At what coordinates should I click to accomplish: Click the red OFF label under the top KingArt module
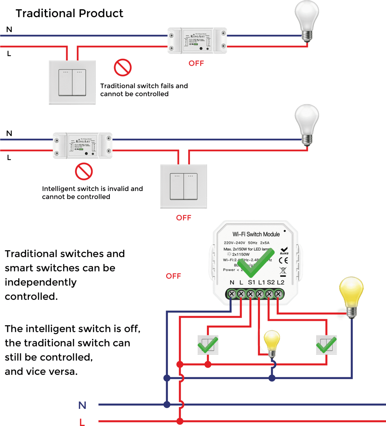tap(196, 63)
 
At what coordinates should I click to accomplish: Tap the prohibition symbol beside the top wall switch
tap(123, 67)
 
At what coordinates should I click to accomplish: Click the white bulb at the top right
tap(307, 20)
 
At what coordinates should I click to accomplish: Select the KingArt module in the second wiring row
tap(83, 146)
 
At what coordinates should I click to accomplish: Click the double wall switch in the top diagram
tap(72, 83)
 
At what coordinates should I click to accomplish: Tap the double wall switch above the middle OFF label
tap(184, 186)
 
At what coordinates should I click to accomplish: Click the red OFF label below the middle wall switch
tap(184, 218)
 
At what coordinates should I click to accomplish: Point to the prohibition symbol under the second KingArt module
tap(84, 171)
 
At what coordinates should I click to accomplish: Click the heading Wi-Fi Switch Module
tap(256, 234)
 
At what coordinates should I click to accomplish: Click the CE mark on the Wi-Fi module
tap(283, 260)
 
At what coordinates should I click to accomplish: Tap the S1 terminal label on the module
tap(252, 282)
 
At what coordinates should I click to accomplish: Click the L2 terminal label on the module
tap(280, 282)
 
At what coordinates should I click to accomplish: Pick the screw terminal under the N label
tap(232, 294)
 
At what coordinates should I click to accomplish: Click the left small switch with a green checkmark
tap(208, 345)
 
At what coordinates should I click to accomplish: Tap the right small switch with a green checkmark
tap(326, 345)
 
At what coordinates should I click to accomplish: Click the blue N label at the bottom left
tap(82, 405)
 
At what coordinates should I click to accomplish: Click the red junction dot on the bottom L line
tap(180, 421)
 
